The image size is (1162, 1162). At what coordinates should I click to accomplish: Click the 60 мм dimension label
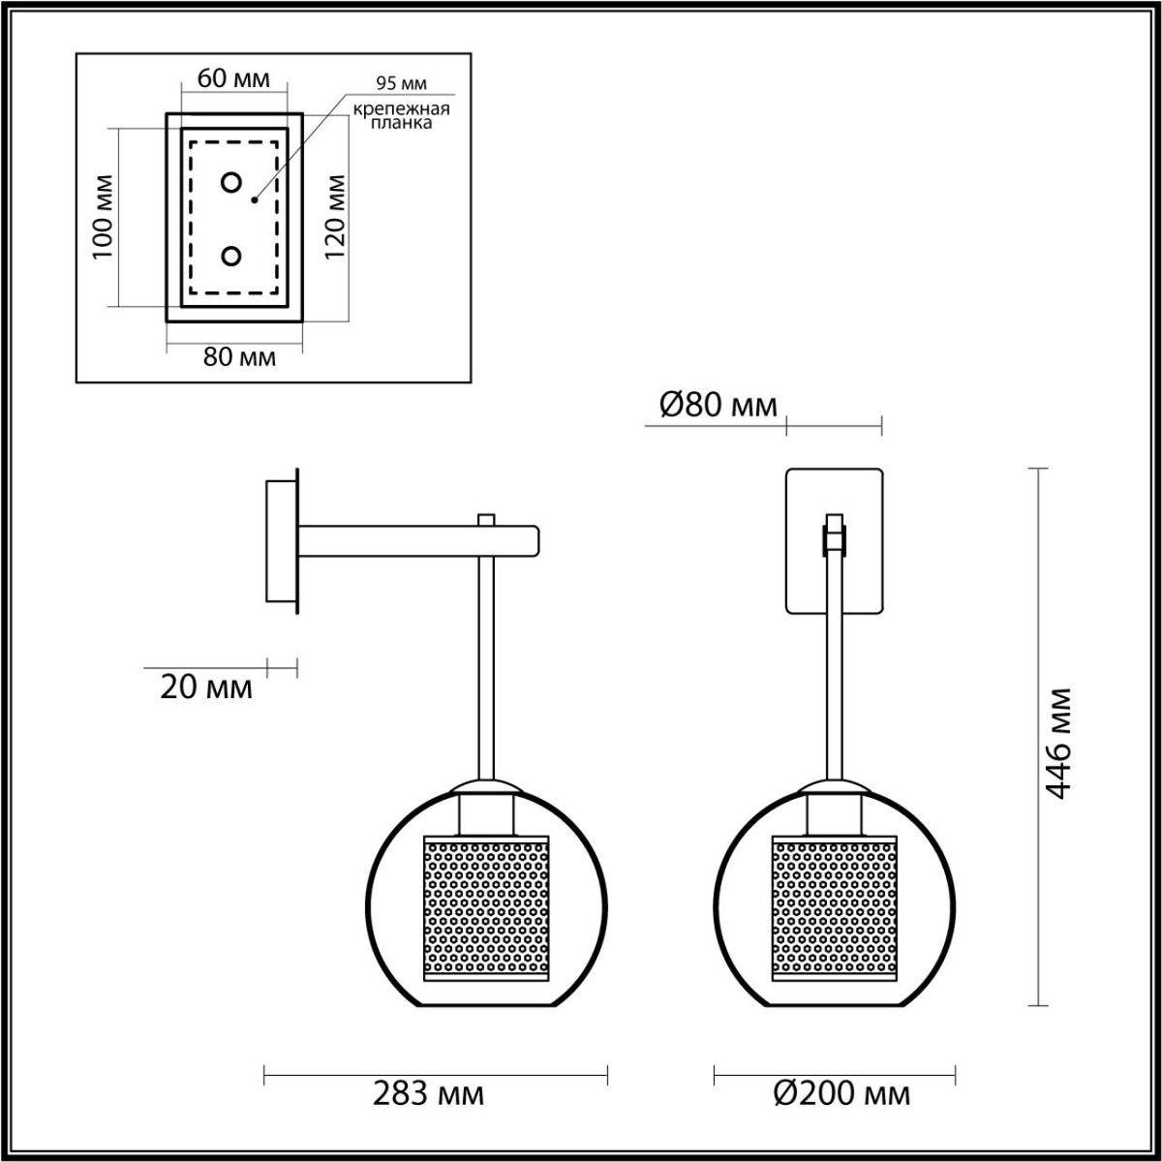coord(233,77)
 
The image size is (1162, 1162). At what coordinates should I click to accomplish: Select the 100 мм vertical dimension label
coord(104,217)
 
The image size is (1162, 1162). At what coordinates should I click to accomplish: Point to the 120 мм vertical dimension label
coord(335,217)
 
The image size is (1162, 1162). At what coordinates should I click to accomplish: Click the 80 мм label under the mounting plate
coord(239,357)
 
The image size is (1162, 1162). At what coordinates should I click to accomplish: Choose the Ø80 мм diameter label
coord(719,405)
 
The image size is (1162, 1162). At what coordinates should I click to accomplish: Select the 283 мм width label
coord(428,1094)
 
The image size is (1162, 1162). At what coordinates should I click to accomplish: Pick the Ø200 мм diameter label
coord(841,1094)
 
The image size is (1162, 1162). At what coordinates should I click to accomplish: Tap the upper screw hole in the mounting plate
coord(231,182)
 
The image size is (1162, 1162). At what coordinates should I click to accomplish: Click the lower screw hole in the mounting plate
coord(231,256)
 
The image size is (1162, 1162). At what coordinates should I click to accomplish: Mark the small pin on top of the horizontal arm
coord(487,519)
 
